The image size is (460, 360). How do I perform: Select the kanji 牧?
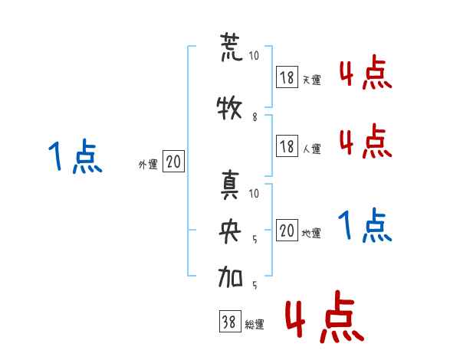[230, 108]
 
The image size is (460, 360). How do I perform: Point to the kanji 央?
[230, 233]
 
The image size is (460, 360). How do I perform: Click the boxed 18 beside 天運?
[287, 77]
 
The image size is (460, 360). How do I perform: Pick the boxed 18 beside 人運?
[287, 146]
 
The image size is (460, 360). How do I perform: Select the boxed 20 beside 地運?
[287, 231]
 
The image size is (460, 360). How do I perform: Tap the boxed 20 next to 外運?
[173, 162]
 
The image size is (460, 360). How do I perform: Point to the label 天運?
[311, 80]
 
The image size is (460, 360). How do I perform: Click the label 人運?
[311, 148]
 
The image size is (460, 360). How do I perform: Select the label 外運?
[147, 164]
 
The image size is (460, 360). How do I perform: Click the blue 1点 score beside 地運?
[365, 227]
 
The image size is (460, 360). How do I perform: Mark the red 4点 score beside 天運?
[365, 74]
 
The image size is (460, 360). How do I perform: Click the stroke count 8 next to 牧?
[255, 117]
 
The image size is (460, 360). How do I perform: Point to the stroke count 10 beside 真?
[255, 193]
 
